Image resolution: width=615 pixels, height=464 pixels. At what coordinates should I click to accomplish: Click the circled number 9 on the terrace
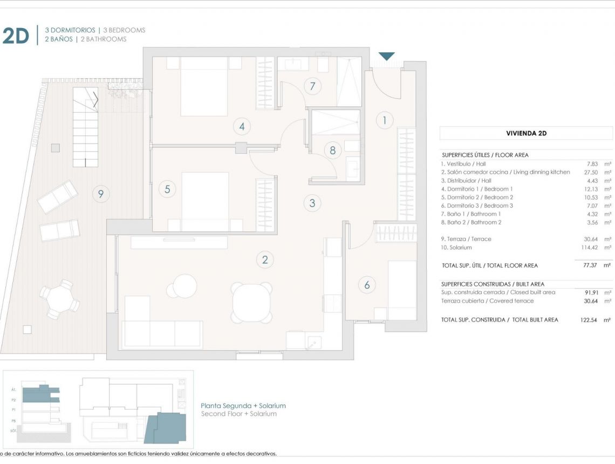100,193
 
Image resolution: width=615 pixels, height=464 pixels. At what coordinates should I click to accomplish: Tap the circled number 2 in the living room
264,260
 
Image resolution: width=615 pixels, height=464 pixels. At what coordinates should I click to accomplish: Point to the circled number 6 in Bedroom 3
367,285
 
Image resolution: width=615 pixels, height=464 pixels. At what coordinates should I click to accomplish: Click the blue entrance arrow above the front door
387,56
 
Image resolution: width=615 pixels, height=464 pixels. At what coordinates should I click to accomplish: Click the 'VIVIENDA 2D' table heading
526,133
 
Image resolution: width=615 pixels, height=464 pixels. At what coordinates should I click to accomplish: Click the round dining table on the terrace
59,299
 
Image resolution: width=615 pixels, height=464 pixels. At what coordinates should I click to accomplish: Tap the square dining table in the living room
251,302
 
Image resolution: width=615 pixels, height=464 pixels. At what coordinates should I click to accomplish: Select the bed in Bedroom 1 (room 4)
204,86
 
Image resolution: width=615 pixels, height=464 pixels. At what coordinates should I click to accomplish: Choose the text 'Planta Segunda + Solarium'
243,406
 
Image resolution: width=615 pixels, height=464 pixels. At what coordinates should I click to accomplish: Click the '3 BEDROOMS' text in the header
124,30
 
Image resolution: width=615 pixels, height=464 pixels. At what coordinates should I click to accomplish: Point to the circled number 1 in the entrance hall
384,120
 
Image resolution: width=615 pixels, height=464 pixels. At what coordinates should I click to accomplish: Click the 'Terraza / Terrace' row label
466,239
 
